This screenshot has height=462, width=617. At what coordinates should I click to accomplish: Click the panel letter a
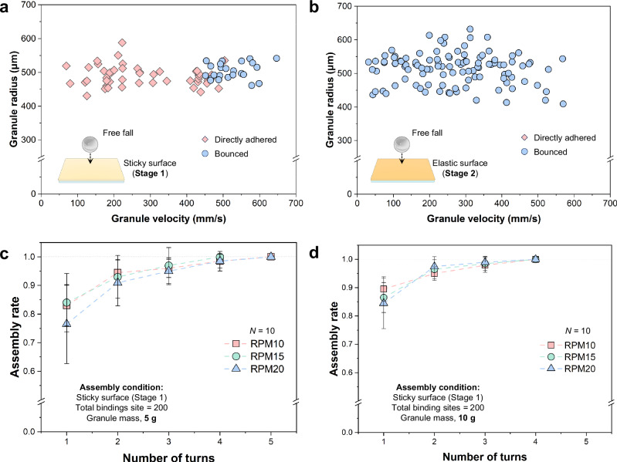pyautogui.click(x=5, y=7)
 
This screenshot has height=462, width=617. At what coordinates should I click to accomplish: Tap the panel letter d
pyautogui.click(x=314, y=254)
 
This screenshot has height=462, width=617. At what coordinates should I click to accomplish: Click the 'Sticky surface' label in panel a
pyautogui.click(x=150, y=163)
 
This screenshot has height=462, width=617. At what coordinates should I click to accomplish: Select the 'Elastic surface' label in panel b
pyautogui.click(x=459, y=163)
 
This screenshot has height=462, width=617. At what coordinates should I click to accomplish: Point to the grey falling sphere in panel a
pyautogui.click(x=90, y=144)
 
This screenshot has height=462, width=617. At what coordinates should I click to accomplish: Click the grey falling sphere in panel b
pyautogui.click(x=402, y=144)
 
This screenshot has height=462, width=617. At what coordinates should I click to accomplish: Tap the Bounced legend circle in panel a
pyautogui.click(x=205, y=153)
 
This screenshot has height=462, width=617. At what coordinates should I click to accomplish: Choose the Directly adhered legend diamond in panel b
pyautogui.click(x=524, y=137)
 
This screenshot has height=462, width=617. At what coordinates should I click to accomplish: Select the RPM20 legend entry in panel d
pyautogui.click(x=568, y=369)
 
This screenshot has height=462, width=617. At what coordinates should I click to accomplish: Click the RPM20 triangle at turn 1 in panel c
pyautogui.click(x=67, y=323)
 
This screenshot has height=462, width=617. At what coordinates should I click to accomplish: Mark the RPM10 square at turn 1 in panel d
pyautogui.click(x=384, y=289)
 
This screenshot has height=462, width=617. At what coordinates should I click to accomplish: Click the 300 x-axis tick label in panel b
pyautogui.click(x=466, y=203)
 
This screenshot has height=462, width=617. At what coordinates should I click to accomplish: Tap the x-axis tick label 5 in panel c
pyautogui.click(x=271, y=441)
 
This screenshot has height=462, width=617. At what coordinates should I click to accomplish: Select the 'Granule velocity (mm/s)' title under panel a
pyautogui.click(x=168, y=218)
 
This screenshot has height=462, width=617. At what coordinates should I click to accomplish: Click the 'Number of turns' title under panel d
pyautogui.click(x=484, y=457)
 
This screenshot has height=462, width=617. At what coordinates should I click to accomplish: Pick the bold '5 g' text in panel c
pyautogui.click(x=150, y=418)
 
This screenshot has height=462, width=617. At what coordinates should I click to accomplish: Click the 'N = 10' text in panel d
pyautogui.click(x=578, y=331)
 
